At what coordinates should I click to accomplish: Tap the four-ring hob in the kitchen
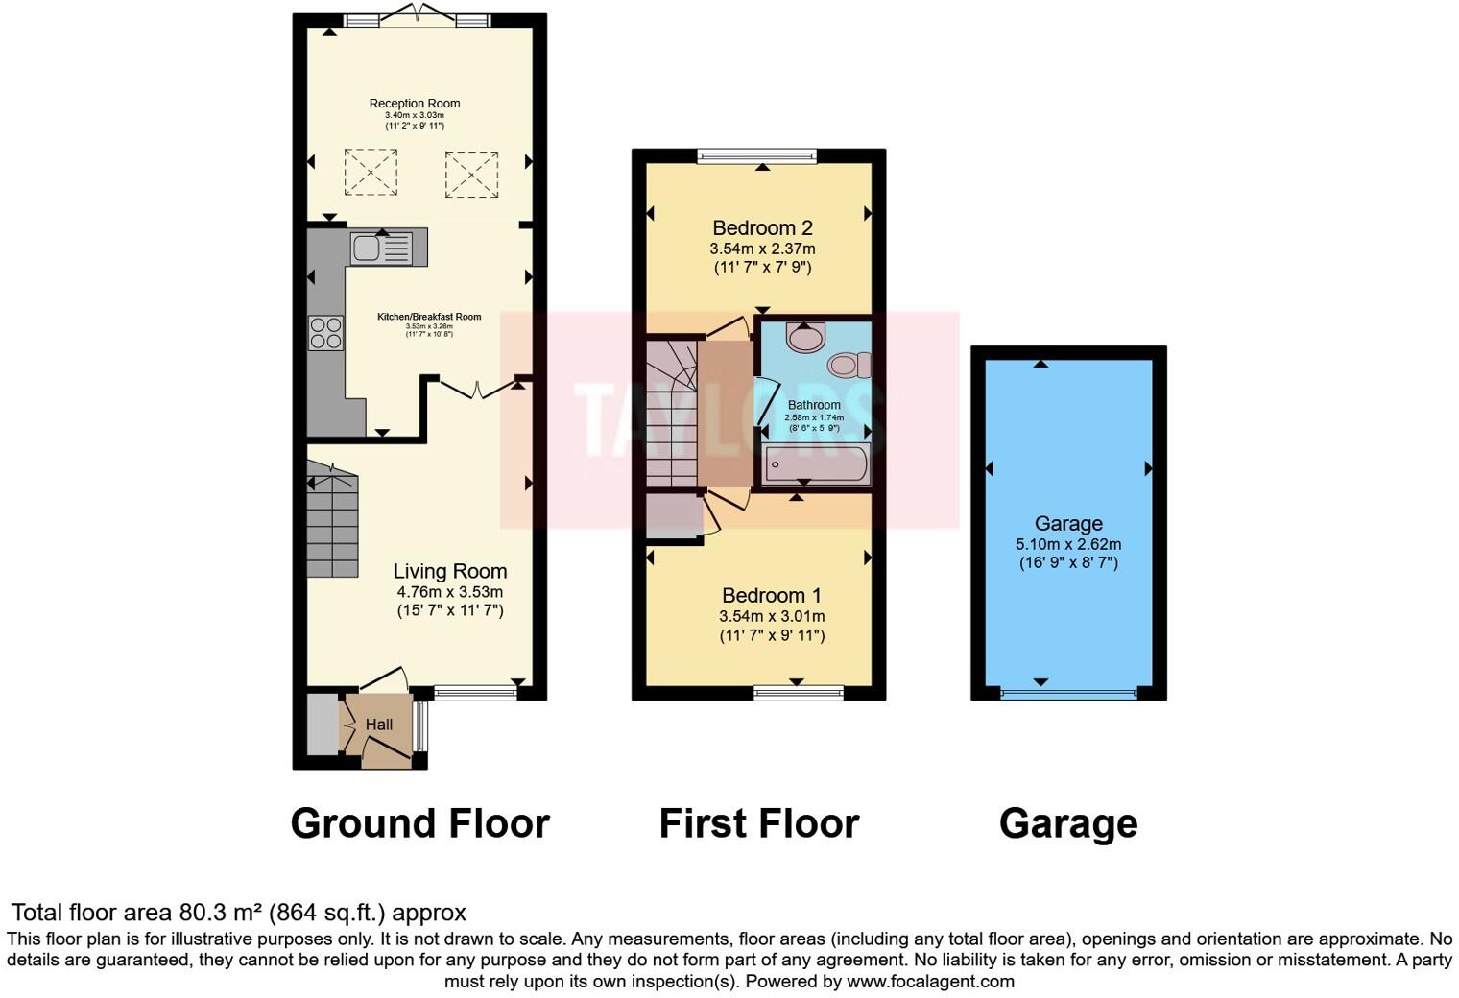pos(325,332)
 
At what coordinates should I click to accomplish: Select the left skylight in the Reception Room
pos(371,173)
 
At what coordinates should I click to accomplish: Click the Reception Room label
pos(415,104)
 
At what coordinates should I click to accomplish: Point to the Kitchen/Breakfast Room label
pos(429,317)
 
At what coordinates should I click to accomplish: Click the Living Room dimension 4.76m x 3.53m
pos(450,592)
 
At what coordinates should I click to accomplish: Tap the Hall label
pos(379,725)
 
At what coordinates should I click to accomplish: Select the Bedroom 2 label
pos(762,227)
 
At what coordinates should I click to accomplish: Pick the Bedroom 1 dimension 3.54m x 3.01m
pos(772,616)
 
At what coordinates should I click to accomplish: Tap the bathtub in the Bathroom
pos(816,466)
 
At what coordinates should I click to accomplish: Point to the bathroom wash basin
pos(804,337)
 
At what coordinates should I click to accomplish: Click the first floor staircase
pos(670,413)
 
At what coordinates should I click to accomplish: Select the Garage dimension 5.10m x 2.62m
pos(1068,544)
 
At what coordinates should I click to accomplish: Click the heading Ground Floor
pos(419,823)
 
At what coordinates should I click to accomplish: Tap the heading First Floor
pos(758,823)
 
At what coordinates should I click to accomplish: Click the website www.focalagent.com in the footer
pos(930,981)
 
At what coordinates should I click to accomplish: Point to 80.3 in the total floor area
pos(198,913)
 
